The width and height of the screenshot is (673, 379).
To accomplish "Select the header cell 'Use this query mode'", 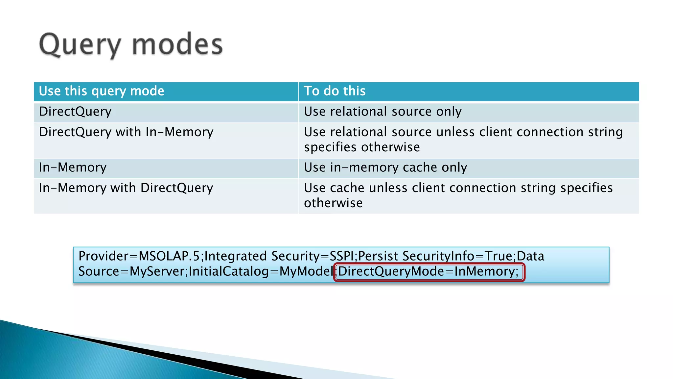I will tap(102, 91).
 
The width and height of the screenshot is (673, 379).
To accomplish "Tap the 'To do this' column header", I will tap(335, 91).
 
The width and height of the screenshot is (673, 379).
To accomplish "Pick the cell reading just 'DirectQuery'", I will tap(75, 112).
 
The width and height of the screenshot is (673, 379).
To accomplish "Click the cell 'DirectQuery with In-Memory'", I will tap(126, 132).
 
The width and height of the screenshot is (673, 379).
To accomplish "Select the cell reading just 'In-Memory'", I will tap(73, 167).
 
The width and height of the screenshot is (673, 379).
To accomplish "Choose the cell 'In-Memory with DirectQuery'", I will tap(126, 188).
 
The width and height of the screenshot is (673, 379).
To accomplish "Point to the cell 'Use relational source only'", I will tap(383, 112).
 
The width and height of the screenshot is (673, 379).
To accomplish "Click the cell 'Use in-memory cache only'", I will tap(385, 167).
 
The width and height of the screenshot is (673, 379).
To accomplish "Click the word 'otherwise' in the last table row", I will tap(333, 203).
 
